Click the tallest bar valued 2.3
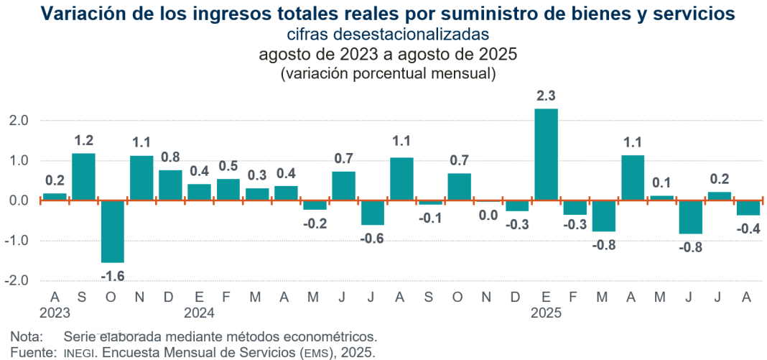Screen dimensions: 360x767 (546, 154)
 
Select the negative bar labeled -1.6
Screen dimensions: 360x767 (113, 231)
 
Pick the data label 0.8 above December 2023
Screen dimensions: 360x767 (170, 157)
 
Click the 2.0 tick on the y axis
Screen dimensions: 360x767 (18, 121)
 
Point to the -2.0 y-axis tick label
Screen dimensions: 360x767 (16, 280)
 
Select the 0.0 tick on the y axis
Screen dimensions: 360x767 (18, 200)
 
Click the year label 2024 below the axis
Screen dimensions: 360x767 (199, 313)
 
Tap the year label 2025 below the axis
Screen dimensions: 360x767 (546, 313)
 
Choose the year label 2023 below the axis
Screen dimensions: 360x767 (55, 313)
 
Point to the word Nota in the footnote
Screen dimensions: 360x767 (25, 336)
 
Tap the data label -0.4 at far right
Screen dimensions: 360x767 (748, 229)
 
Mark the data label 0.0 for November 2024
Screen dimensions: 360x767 (488, 215)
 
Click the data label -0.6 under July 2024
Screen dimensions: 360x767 (372, 239)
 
